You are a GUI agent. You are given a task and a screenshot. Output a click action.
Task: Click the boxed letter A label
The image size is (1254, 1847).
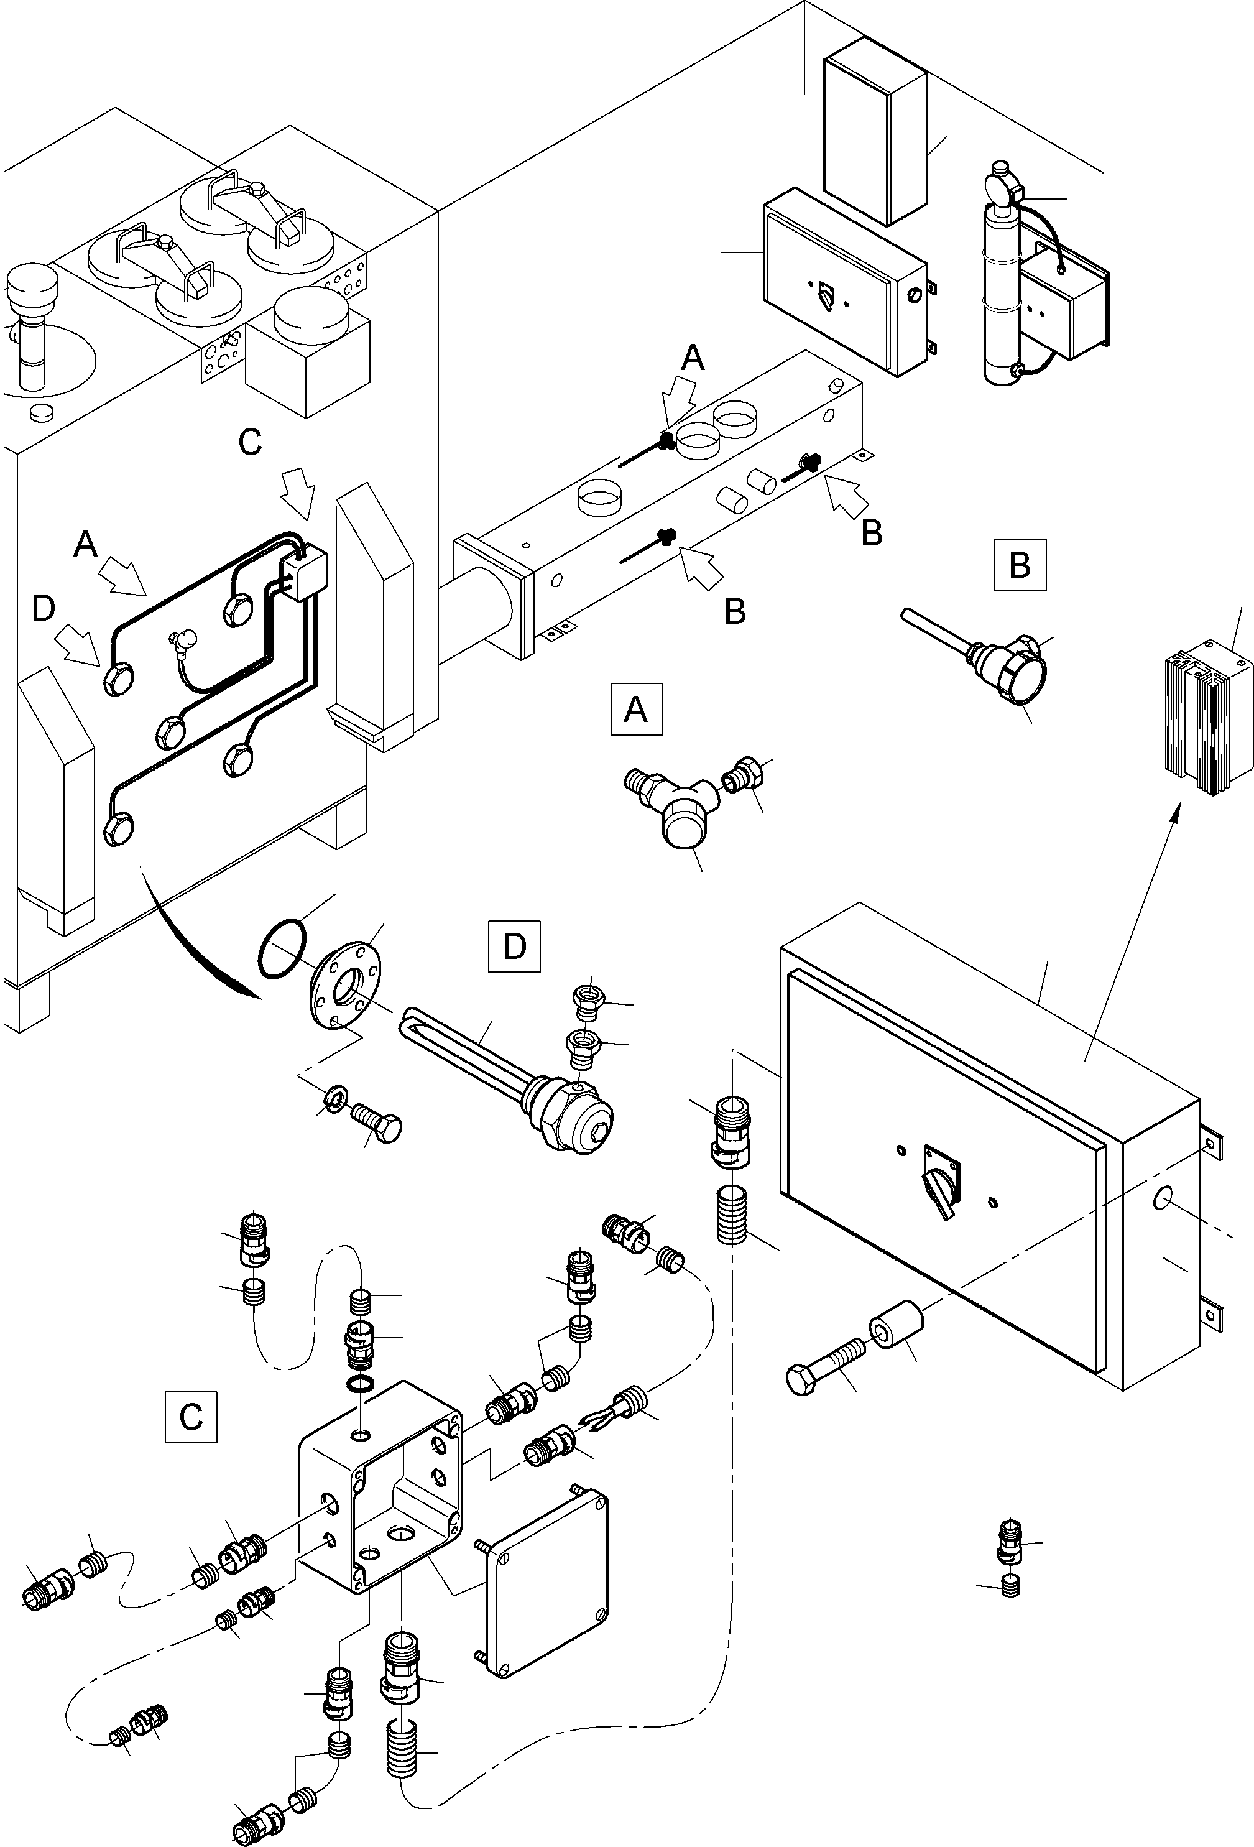click(636, 708)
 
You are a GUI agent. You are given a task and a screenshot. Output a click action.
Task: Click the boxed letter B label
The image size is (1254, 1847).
click(1020, 565)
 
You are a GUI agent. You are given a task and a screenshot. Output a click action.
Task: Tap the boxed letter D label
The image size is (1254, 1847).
click(514, 946)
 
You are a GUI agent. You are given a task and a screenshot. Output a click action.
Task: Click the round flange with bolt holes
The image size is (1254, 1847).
click(346, 984)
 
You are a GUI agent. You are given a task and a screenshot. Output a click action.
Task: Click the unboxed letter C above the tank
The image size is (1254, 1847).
click(251, 442)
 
